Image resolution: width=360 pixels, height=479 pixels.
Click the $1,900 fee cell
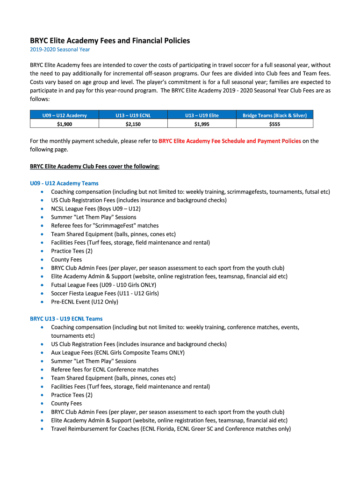click(65, 124)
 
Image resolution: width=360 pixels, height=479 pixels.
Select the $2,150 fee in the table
click(133, 124)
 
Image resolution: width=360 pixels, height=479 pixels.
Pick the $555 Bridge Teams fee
click(274, 124)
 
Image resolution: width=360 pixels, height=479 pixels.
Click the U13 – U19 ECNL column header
click(133, 115)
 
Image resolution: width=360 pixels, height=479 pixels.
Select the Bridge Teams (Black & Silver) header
click(274, 115)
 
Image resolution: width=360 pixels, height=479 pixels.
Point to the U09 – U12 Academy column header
click(65, 115)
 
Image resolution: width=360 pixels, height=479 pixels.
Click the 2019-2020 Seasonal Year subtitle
click(60, 49)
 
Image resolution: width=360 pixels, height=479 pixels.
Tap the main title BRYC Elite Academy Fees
click(110, 41)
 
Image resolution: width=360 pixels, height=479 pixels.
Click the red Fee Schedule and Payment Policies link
click(230, 141)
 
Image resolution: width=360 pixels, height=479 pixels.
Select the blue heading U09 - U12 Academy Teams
click(64, 183)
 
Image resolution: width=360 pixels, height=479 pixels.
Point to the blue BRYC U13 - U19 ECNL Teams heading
click(66, 319)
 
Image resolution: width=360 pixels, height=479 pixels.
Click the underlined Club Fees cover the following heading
click(94, 166)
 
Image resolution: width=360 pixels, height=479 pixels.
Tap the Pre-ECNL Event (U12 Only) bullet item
click(85, 302)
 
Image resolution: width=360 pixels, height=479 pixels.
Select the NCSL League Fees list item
click(95, 209)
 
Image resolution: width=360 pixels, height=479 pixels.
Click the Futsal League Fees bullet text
click(103, 285)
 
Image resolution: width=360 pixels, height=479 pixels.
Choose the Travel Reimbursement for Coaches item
click(171, 428)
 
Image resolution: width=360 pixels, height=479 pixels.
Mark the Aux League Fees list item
click(117, 353)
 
